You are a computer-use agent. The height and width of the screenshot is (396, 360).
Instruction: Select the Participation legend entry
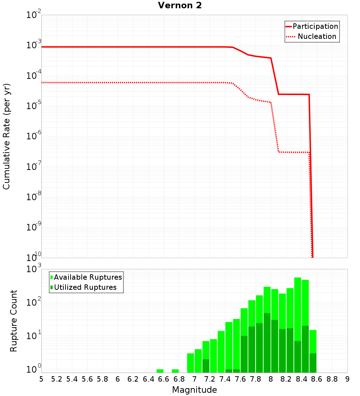pyautogui.click(x=315, y=26)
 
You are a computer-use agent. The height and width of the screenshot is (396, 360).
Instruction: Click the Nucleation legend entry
pyautogui.click(x=317, y=36)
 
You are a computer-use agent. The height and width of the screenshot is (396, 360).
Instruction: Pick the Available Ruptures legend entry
pyautogui.click(x=88, y=277)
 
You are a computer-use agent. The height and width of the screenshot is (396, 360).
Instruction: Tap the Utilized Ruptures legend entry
pyautogui.click(x=85, y=287)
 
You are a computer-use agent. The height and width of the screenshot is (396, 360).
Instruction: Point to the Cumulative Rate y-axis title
pyautogui.click(x=6, y=136)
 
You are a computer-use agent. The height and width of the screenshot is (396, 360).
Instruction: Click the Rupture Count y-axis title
pyautogui.click(x=14, y=320)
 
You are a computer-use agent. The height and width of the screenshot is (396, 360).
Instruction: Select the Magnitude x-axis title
pyautogui.click(x=194, y=390)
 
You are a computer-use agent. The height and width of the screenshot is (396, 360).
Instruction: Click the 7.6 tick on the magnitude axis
pyautogui.click(x=240, y=379)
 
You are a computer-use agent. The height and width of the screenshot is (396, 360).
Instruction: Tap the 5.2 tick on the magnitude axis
pyautogui.click(x=57, y=379)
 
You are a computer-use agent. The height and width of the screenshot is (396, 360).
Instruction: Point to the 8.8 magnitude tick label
pyautogui.click(x=332, y=379)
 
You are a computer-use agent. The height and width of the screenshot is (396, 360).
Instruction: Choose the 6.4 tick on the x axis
pyautogui.click(x=149, y=379)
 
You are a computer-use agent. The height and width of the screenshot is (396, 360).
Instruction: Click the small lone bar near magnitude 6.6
pyautogui.click(x=160, y=371)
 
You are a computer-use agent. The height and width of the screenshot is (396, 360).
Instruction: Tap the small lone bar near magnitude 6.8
pyautogui.click(x=175, y=371)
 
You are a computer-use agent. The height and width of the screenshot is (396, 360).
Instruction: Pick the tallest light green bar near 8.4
pyautogui.click(x=298, y=306)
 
